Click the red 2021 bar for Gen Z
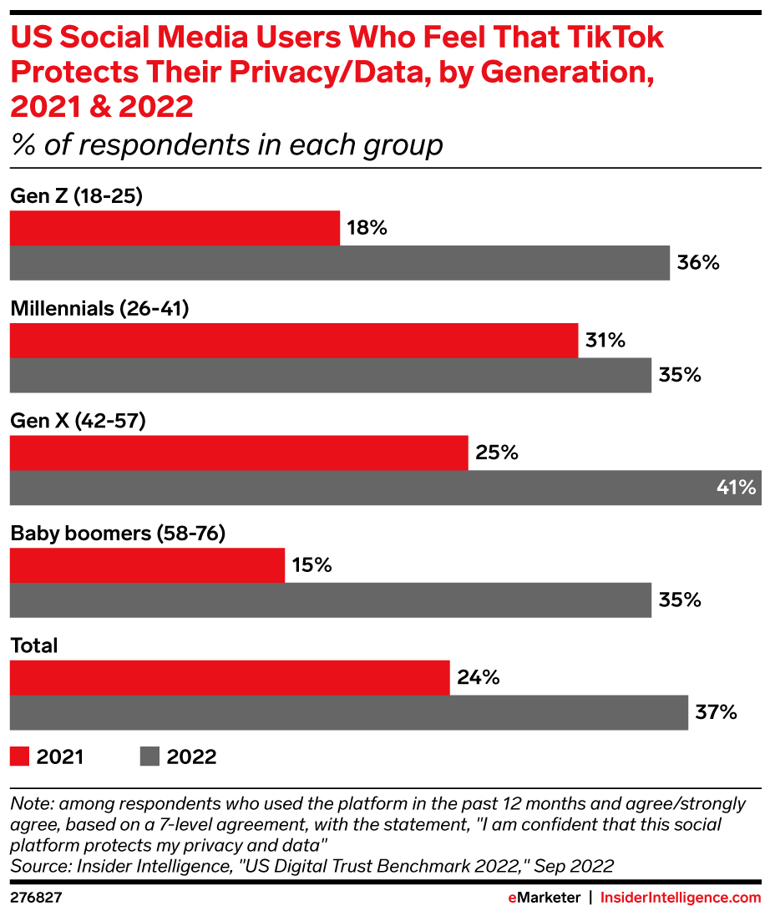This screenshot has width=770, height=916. click(175, 228)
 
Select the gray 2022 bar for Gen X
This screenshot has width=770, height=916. click(385, 488)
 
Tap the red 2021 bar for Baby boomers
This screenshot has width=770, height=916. click(147, 565)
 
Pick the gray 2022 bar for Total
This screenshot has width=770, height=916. click(348, 712)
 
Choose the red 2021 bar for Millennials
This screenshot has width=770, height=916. click(293, 341)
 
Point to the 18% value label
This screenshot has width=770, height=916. click(367, 228)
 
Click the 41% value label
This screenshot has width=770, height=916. click(735, 488)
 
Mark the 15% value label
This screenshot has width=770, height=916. click(312, 565)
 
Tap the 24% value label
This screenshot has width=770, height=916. click(479, 677)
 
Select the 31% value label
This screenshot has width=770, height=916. click(605, 341)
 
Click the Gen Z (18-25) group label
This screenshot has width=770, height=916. click(77, 196)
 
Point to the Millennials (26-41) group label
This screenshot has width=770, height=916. click(99, 309)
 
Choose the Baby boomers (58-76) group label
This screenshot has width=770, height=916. click(118, 534)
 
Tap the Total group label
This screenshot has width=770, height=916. click(34, 645)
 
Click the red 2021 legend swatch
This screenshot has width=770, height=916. click(20, 757)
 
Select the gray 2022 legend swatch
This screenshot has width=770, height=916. click(149, 757)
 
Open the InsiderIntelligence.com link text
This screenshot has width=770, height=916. click(681, 898)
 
